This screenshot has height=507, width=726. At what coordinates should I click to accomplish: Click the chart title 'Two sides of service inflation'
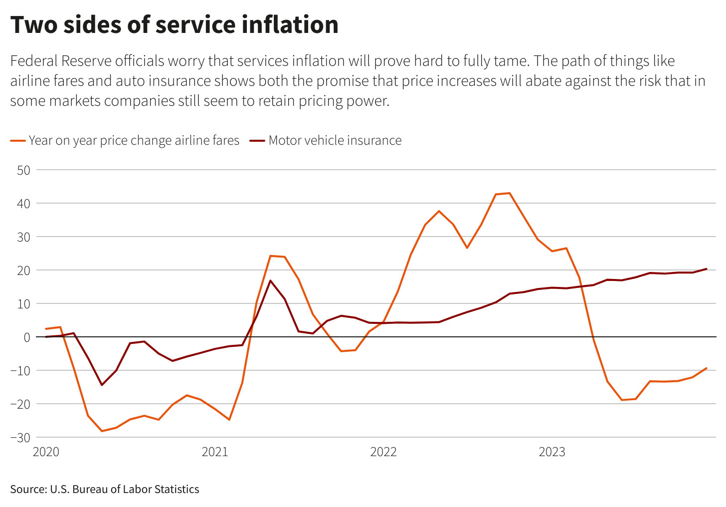[175, 25]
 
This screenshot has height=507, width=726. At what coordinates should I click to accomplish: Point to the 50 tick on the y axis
[23, 170]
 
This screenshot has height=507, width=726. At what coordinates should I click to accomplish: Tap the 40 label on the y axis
[23, 204]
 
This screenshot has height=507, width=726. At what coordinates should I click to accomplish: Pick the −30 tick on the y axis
[20, 437]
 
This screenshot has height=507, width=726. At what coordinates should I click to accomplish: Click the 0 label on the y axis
[27, 337]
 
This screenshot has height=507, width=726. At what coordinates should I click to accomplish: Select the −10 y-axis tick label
[20, 371]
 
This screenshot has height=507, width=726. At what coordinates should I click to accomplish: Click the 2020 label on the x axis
[46, 452]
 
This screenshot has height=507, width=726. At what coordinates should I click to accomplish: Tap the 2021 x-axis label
[214, 452]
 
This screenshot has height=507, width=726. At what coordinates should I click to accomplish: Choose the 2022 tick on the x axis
[383, 452]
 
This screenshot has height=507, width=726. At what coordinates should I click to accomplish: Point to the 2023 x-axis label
[552, 452]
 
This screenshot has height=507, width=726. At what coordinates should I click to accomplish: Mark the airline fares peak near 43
[509, 193]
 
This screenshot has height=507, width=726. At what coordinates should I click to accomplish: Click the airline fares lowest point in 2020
[102, 431]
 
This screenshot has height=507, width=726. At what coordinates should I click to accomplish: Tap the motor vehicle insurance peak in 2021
[270, 280]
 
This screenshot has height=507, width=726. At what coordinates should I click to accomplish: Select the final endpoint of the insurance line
[706, 269]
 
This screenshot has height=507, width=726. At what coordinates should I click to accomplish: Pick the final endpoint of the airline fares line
[706, 368]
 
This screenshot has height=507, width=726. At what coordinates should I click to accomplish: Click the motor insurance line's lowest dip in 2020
[102, 385]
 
